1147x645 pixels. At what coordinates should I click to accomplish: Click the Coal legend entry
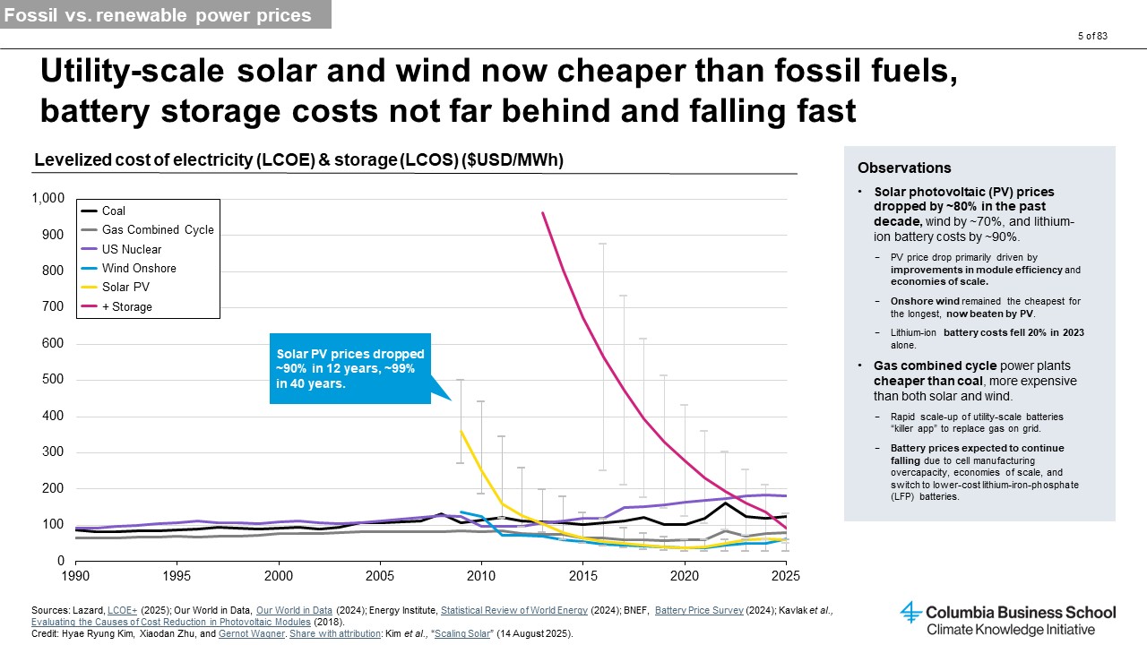pos(103,211)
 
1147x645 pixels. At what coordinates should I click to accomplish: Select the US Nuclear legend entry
pos(121,249)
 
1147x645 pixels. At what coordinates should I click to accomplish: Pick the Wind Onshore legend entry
pos(128,268)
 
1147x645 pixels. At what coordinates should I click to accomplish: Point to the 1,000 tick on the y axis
pos(48,198)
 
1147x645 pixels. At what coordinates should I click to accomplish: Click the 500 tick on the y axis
pos(53,379)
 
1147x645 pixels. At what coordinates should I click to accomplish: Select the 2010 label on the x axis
pos(481,576)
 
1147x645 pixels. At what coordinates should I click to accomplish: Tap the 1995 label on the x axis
pos(177,576)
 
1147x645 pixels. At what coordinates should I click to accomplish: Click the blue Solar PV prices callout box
pos(350,368)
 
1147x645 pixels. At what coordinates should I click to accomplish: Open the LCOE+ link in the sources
pos(122,610)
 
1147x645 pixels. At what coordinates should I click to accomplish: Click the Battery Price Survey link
pos(699,610)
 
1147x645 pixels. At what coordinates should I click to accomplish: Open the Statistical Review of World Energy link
pos(514,610)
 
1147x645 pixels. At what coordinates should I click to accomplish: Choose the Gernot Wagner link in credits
pos(252,633)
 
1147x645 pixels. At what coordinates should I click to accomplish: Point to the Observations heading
pos(904,168)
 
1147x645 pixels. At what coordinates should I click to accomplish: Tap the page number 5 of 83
pos(1092,36)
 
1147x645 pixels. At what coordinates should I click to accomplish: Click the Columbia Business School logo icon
pos(910,612)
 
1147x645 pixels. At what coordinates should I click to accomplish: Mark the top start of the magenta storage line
pos(542,212)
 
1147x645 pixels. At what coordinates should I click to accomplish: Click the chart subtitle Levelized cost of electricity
pos(298,159)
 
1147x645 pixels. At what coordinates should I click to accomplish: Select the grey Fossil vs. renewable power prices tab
pos(166,14)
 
